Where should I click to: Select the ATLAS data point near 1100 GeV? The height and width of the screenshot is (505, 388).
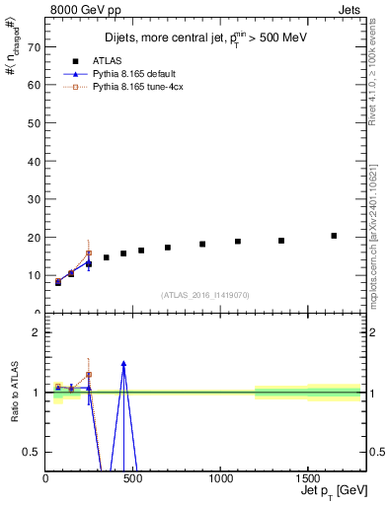[238, 242]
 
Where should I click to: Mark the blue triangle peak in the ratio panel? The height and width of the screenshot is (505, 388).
[123, 363]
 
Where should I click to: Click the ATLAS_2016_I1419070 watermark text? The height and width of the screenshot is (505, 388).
[205, 295]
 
